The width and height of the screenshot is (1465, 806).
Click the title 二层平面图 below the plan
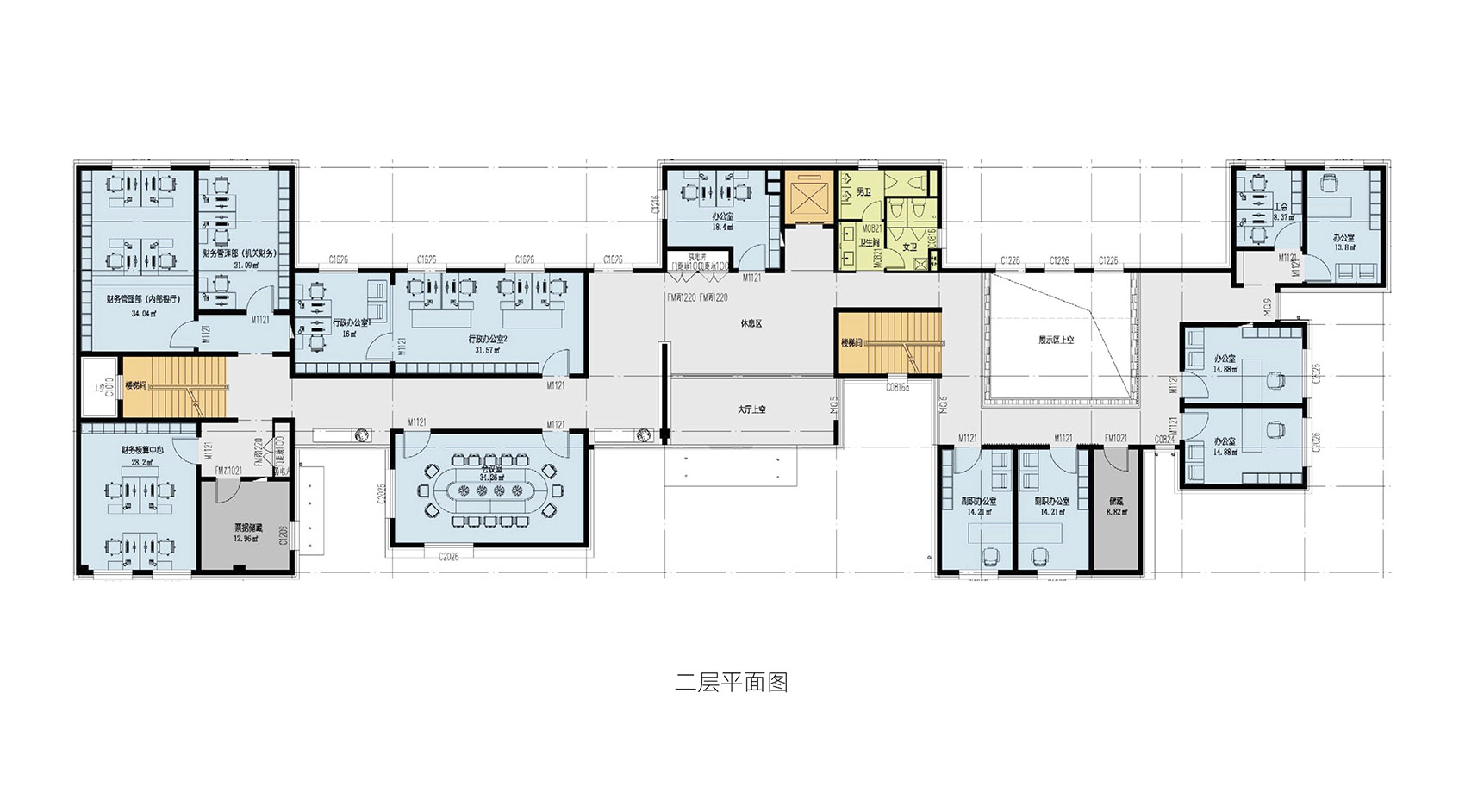pos(731,683)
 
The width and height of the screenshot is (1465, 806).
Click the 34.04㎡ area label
pos(144,314)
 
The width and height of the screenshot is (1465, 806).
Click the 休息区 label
pos(751,324)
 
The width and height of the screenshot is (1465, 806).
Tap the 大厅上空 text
pos(751,409)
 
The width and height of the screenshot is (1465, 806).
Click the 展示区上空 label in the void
pos(1056,341)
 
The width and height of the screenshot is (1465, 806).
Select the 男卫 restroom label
pos(864,191)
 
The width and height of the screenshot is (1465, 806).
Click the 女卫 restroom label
pos(910,247)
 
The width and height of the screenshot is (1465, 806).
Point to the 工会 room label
pos(1281,207)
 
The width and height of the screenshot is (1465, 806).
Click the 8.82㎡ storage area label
pos(1117,512)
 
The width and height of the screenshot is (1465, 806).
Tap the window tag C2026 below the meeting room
pos(448,557)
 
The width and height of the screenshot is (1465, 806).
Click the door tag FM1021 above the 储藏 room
pos(1116,439)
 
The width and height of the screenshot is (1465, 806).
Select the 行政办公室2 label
pos(488,339)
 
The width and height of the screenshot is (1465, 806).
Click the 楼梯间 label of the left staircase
pos(137,385)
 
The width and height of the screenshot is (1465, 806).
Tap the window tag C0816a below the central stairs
pos(897,388)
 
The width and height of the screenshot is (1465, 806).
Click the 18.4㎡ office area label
pos(721,228)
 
